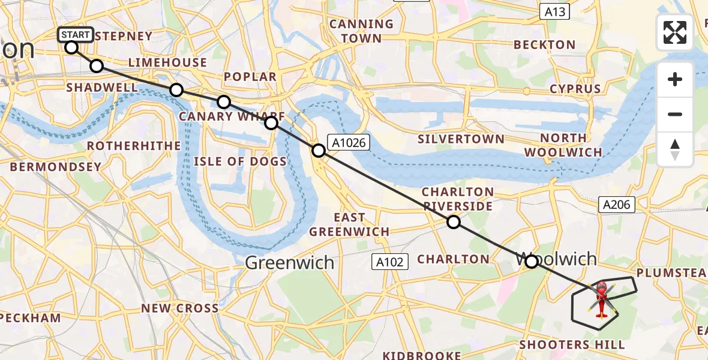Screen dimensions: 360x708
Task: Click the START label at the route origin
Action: click(76, 35)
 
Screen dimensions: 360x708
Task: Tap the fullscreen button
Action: click(675, 32)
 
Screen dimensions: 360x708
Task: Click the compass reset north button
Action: click(675, 149)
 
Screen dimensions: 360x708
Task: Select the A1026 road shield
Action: click(349, 142)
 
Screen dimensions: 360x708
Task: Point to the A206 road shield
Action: click(616, 205)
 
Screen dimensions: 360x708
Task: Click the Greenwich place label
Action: click(290, 262)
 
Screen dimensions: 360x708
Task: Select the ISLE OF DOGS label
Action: click(240, 161)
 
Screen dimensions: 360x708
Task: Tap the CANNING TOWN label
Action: click(361, 31)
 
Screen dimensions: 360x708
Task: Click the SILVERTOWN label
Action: click(461, 139)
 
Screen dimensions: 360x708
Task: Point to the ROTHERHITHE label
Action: click(134, 146)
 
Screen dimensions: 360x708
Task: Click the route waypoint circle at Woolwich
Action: click(531, 261)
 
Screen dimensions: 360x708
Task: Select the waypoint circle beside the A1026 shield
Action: click(319, 151)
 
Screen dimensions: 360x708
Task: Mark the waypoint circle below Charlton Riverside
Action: click(454, 222)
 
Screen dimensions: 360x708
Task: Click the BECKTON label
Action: click(545, 45)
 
